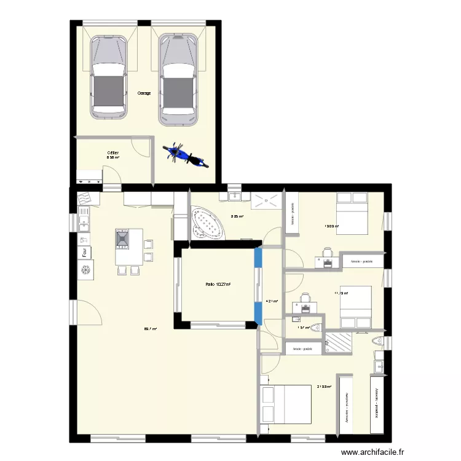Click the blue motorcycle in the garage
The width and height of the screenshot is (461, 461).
pos(184,155)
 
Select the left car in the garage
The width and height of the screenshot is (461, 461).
pos(109,77)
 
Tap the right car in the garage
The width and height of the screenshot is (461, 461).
pos(179,79)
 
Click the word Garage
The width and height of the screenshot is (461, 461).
pos(144,93)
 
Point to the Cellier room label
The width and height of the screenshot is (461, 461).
pos(112,152)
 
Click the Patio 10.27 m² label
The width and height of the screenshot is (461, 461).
pos(218,284)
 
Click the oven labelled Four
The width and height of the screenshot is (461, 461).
pos(81,252)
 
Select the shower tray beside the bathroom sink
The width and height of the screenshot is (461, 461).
pos(266,200)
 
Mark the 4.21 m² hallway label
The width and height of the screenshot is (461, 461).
pos(271,301)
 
